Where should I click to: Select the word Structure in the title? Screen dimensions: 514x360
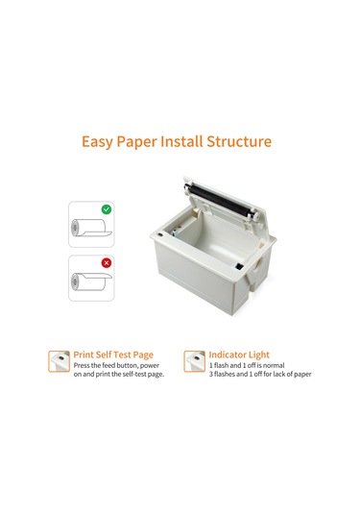(x=247, y=142)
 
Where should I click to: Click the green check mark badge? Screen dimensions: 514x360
(x=107, y=208)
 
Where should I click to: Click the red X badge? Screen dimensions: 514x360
(x=107, y=262)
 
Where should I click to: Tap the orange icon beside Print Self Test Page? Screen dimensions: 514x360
(x=59, y=361)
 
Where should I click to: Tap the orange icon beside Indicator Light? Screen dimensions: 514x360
(x=194, y=361)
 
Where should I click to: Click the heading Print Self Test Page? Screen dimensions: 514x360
(x=111, y=354)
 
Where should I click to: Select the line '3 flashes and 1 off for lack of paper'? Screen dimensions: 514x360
(x=259, y=375)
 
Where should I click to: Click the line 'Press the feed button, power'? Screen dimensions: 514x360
(x=117, y=365)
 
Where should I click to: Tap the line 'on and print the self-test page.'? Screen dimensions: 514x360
(x=118, y=375)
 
